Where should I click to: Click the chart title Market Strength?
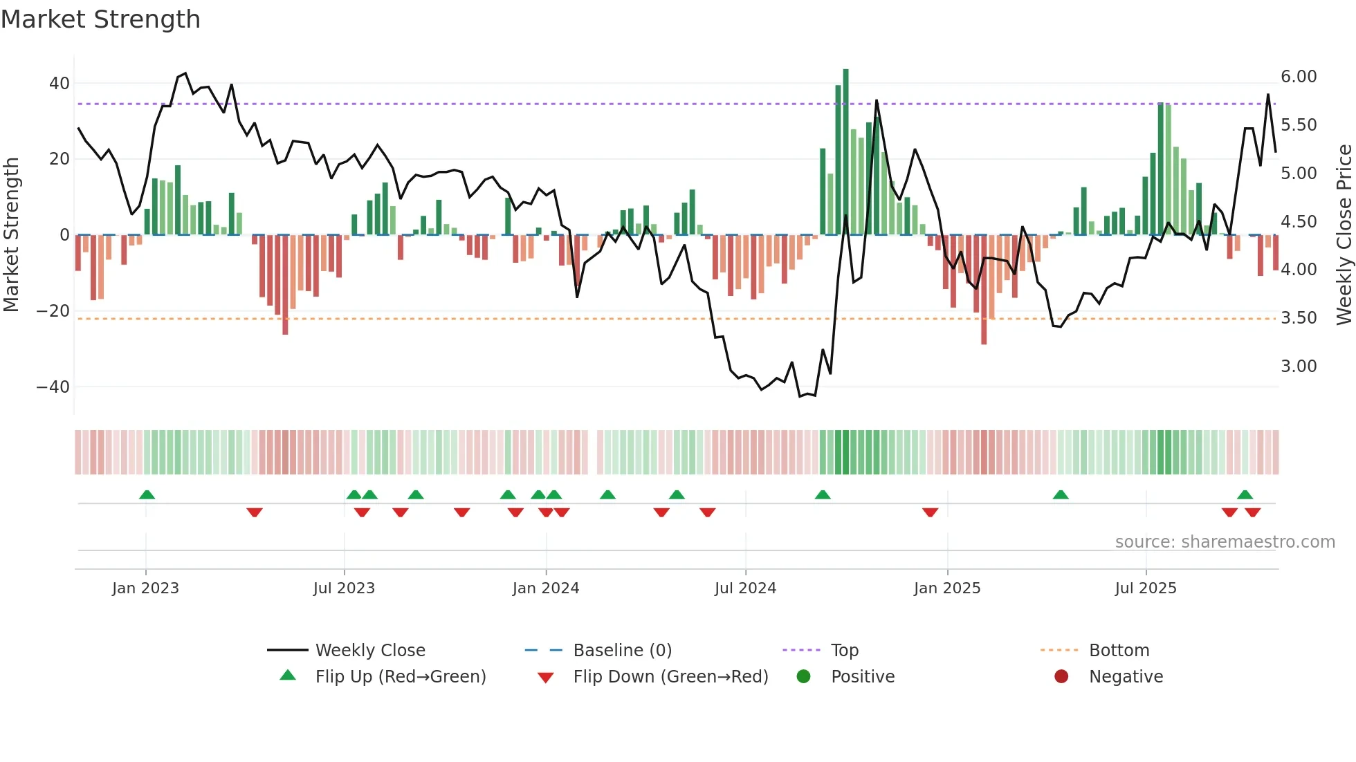click(x=100, y=19)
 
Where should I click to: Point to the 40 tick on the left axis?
click(x=59, y=84)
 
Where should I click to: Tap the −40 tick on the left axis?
click(x=53, y=387)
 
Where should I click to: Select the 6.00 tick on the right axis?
click(x=1298, y=77)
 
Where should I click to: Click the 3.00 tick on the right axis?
click(x=1298, y=366)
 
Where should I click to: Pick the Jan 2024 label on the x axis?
click(x=545, y=588)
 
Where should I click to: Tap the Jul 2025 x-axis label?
click(x=1145, y=588)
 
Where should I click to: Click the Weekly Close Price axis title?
click(x=1344, y=235)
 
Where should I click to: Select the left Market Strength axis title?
click(x=12, y=235)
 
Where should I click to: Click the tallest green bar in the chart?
click(x=845, y=152)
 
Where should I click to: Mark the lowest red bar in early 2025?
click(x=984, y=290)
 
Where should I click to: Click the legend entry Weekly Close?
click(x=369, y=651)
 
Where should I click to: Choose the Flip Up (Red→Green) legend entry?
click(x=400, y=677)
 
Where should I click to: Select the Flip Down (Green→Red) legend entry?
click(x=670, y=677)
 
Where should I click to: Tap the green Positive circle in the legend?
click(x=803, y=677)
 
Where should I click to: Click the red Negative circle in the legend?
click(x=1061, y=677)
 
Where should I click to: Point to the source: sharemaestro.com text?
click(x=1225, y=542)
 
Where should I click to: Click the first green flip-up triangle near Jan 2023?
click(x=147, y=494)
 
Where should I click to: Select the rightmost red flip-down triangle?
click(x=1252, y=512)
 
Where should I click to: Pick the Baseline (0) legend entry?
click(x=622, y=651)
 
